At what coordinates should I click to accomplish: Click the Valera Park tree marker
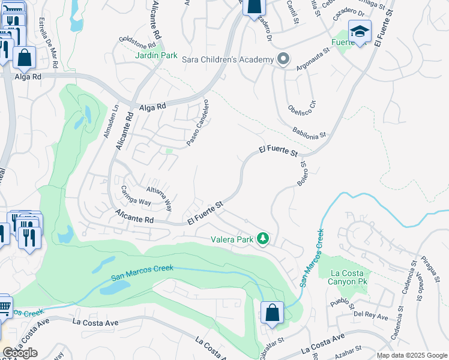point(262,239)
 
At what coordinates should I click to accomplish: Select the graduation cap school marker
point(360,32)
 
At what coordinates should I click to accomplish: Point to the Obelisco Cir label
point(305,102)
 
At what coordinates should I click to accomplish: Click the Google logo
point(20,353)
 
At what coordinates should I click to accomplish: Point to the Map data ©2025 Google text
point(412,355)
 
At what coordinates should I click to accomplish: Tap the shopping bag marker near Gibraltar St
point(272,313)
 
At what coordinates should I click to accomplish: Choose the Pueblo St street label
point(344,300)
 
